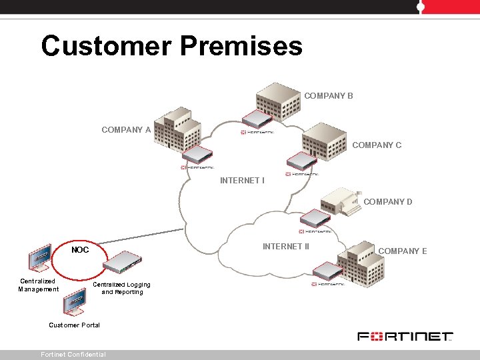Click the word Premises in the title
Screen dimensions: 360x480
pos(241,47)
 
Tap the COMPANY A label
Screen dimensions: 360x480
pos(126,130)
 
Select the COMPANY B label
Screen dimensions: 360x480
pos(329,96)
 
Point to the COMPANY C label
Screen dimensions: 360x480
pos(377,145)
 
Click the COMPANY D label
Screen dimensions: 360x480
pos(388,202)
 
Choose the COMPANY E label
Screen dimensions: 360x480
pos(403,251)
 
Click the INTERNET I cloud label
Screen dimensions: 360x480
pos(242,181)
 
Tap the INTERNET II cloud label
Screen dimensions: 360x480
pos(286,247)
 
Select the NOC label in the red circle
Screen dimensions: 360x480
pos(80,250)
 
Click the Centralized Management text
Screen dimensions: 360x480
pos(38,285)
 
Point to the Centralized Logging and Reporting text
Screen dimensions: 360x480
pos(121,288)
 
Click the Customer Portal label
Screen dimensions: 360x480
pos(75,325)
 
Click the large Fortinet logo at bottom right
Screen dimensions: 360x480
pos(405,337)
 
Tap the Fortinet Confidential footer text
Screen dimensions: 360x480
pos(73,355)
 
